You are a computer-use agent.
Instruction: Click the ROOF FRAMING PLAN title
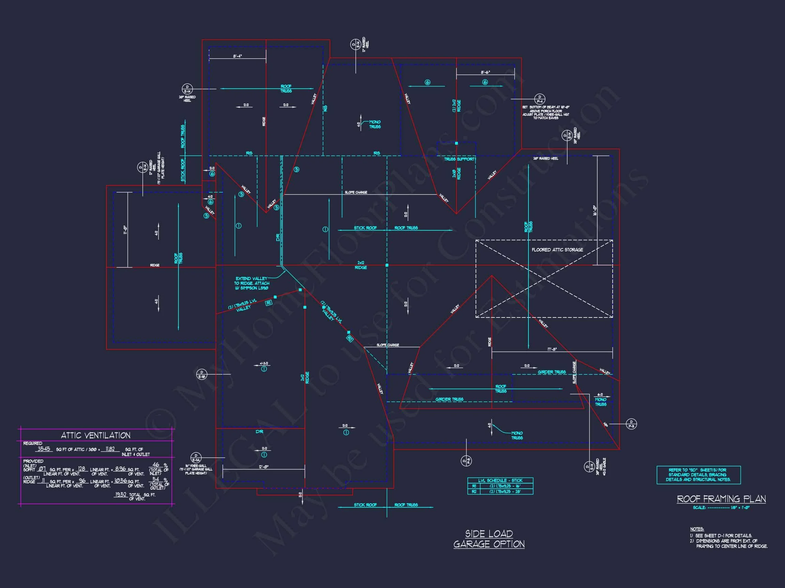(721, 499)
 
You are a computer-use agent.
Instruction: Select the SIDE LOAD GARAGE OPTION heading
(489, 539)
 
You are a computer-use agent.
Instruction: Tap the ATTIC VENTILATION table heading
(95, 435)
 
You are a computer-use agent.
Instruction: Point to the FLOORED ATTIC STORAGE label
(557, 250)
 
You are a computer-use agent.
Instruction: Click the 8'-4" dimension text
(237, 56)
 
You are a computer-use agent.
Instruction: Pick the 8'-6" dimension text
(485, 72)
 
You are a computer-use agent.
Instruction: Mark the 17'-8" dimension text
(552, 349)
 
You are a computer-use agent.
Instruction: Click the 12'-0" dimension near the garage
(263, 467)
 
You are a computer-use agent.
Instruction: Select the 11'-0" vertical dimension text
(125, 230)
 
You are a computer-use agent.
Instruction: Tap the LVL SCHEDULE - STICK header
(500, 480)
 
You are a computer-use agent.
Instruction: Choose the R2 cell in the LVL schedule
(474, 492)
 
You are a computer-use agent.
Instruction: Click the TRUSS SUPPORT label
(459, 159)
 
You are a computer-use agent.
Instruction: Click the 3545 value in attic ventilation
(44, 449)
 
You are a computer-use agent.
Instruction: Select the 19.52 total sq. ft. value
(120, 494)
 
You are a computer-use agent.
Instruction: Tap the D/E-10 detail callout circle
(202, 374)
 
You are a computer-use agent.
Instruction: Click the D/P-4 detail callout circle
(540, 99)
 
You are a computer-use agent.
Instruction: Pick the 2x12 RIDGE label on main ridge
(360, 265)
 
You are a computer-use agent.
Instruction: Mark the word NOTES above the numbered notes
(697, 529)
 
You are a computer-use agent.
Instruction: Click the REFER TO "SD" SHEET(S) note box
(698, 475)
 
